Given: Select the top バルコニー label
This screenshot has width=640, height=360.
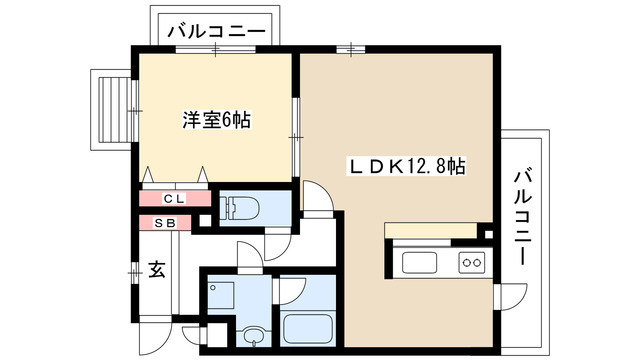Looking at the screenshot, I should (x=216, y=32).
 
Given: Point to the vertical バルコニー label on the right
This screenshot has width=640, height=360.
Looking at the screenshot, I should (x=521, y=216).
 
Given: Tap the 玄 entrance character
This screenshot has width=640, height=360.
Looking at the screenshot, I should (x=157, y=269).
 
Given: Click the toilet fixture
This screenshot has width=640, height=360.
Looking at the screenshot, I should (x=240, y=209).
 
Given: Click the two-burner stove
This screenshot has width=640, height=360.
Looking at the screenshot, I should (x=470, y=264).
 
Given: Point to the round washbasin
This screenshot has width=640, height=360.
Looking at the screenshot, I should (x=250, y=335).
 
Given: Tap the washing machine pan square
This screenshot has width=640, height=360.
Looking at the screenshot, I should (x=221, y=292).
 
